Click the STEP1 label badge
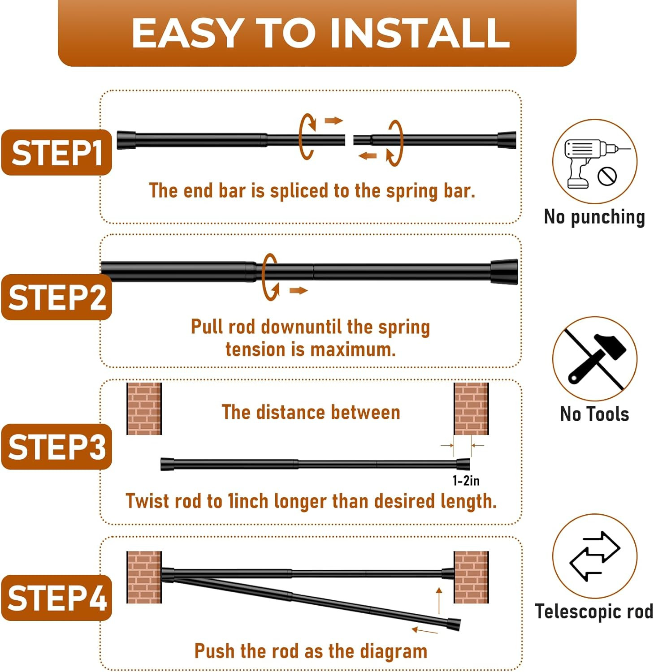click(56, 152)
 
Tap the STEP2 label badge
click(56, 297)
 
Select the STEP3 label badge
click(56, 446)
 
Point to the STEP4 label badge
click(56, 598)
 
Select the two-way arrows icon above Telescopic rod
click(594, 556)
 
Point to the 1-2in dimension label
click(466, 481)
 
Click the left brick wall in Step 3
click(144, 409)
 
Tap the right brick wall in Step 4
click(471, 577)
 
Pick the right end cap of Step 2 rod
click(504, 271)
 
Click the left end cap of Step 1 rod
click(126, 140)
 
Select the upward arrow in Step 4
click(439, 600)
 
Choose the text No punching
click(594, 217)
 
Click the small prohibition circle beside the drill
click(607, 176)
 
